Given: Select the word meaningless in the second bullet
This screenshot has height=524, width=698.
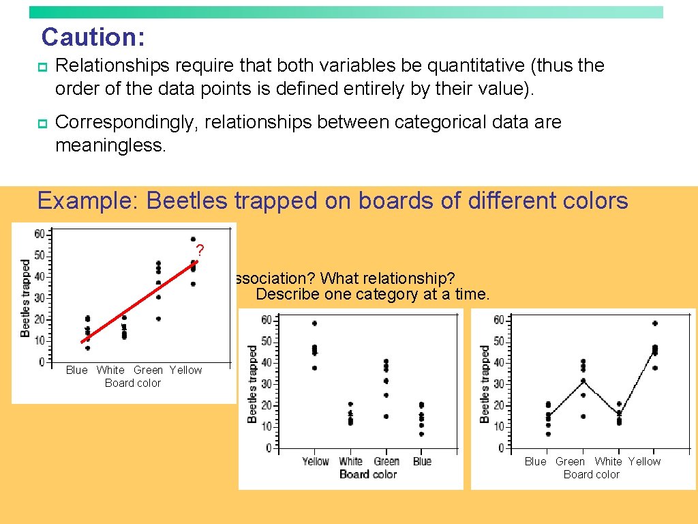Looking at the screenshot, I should pos(110,145).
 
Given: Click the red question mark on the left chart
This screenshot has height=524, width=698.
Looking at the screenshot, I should pos(200,250).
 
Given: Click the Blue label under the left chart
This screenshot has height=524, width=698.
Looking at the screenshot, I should pos(76,370).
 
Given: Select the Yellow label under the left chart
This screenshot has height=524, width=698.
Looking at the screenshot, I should pos(185,370).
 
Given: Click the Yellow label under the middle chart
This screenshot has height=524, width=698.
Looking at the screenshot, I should pos(316,461).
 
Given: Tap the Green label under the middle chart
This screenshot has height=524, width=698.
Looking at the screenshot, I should pos(386,461).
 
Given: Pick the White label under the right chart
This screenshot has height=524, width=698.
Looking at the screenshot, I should pos(608,461).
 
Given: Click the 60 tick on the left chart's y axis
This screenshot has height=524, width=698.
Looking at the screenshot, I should pos(40,234).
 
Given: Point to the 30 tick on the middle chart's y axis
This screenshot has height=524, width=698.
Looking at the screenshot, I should pos(269,384).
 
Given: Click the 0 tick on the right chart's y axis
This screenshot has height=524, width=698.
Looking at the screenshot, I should pos(501,448).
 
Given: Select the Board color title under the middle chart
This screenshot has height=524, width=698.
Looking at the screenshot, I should pos(368,474).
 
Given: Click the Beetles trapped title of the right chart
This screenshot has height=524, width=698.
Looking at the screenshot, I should pos(485,383).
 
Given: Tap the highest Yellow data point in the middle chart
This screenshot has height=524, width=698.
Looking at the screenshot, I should pos(314,323).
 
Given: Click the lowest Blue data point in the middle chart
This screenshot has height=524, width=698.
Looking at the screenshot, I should pos(422,434).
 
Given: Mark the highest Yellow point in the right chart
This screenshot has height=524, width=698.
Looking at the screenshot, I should pos(655,323).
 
